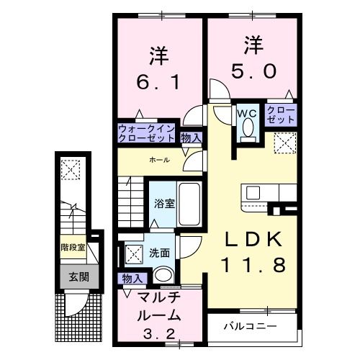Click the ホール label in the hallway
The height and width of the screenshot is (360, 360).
tap(160, 159)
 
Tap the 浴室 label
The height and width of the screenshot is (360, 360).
tap(163, 203)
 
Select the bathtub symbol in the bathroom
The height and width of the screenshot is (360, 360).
tap(192, 204)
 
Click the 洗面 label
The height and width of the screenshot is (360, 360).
tap(160, 253)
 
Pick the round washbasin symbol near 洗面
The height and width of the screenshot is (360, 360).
tap(164, 274)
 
